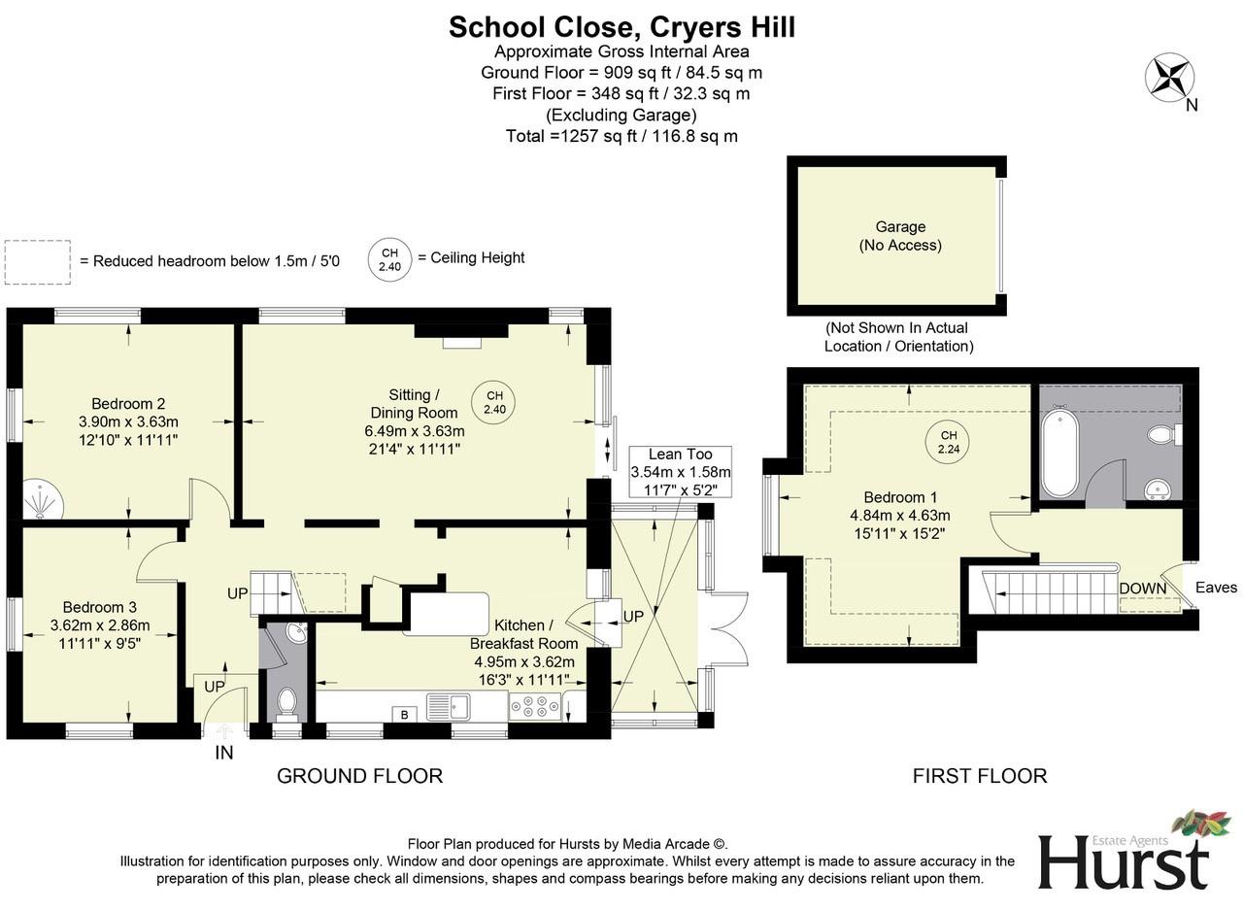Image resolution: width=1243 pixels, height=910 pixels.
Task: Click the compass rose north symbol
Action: [1169, 78]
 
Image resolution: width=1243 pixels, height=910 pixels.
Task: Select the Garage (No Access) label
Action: [899, 236]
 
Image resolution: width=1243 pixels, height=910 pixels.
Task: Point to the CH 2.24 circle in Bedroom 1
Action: [948, 442]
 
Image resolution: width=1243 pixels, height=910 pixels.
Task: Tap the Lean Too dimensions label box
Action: [680, 471]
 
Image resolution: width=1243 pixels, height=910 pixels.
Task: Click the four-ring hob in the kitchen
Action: [533, 706]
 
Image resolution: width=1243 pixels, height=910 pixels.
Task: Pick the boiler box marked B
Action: [405, 715]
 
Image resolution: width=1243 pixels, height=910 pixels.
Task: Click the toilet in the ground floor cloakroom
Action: [286, 701]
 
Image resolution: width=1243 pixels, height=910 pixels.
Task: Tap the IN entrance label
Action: [223, 752]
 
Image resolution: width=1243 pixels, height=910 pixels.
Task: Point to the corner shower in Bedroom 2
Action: [40, 498]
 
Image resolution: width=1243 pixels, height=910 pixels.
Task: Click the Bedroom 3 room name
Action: [100, 607]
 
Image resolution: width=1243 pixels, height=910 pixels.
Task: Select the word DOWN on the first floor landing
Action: [1143, 589]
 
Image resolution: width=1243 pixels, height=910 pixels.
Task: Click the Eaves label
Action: [1216, 588]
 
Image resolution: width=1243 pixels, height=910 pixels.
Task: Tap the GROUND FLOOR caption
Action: [359, 776]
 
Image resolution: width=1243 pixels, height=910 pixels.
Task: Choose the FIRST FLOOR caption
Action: [979, 776]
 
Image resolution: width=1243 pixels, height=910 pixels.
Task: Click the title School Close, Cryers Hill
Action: [621, 27]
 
